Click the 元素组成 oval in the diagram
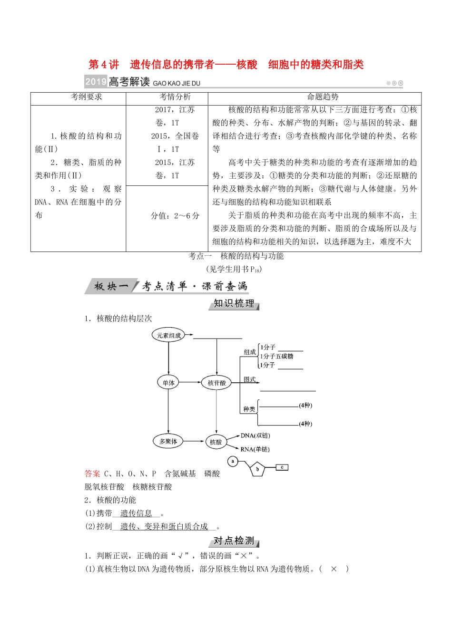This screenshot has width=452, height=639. tap(169, 335)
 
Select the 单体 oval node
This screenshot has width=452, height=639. tap(168, 383)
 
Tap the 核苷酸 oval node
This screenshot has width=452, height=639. tap(216, 383)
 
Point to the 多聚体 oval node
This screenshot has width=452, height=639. tap(168, 441)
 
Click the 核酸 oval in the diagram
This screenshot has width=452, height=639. tap(216, 442)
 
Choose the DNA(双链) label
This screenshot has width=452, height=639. tap(255, 436)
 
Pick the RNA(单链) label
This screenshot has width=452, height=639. tap(255, 449)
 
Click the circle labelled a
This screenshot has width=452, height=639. tap(233, 461)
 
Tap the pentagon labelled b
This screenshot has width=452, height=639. tap(257, 469)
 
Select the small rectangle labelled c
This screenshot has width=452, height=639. tap(282, 467)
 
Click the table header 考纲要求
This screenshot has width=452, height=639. tap(87, 97)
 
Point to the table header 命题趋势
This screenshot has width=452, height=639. tap(323, 97)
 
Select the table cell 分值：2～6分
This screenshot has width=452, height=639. tap(175, 216)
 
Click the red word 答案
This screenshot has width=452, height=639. tap(92, 474)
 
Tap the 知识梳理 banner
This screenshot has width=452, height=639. tap(234, 304)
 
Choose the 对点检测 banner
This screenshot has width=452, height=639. tap(234, 541)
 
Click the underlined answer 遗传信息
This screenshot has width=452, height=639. tap(136, 513)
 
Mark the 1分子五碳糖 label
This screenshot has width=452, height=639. tap(277, 356)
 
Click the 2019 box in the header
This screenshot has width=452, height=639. tap(96, 82)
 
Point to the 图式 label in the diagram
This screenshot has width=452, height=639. tap(250, 379)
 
